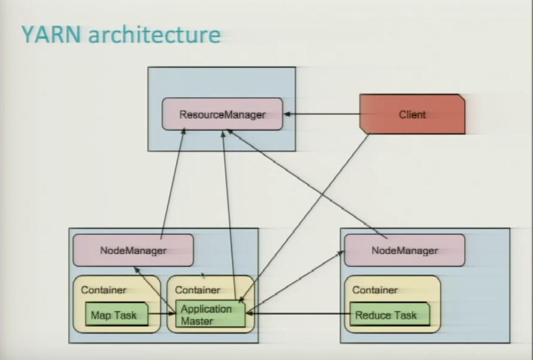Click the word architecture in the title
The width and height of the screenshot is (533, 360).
[x=154, y=35]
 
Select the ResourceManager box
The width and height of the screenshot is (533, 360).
[x=222, y=114]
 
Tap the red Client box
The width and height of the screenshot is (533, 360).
[x=412, y=114]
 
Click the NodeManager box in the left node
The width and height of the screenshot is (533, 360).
[x=133, y=250]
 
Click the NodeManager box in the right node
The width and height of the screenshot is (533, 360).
[x=404, y=250]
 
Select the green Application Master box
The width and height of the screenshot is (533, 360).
[x=210, y=314]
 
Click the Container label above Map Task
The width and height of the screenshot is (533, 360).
[x=103, y=290]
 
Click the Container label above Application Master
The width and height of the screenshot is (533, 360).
[x=197, y=290]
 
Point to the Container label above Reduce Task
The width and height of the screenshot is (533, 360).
[x=375, y=290]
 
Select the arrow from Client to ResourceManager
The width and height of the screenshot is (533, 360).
[x=322, y=115]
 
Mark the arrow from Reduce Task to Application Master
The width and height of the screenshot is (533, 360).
[x=297, y=314]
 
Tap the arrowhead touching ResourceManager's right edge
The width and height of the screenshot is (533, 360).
[x=286, y=115]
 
